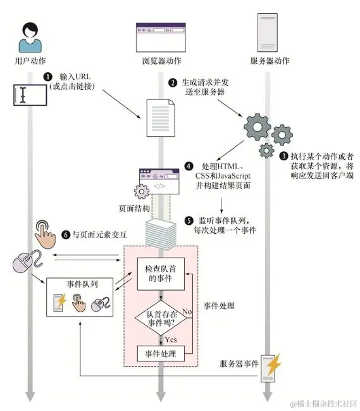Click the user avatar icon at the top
29,37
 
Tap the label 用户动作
30,61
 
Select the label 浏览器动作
161,61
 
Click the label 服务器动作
270,61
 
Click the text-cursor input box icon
28,96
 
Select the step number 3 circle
284,155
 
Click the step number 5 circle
189,220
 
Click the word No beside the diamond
187,312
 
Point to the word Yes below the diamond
171,339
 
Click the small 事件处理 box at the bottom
161,353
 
